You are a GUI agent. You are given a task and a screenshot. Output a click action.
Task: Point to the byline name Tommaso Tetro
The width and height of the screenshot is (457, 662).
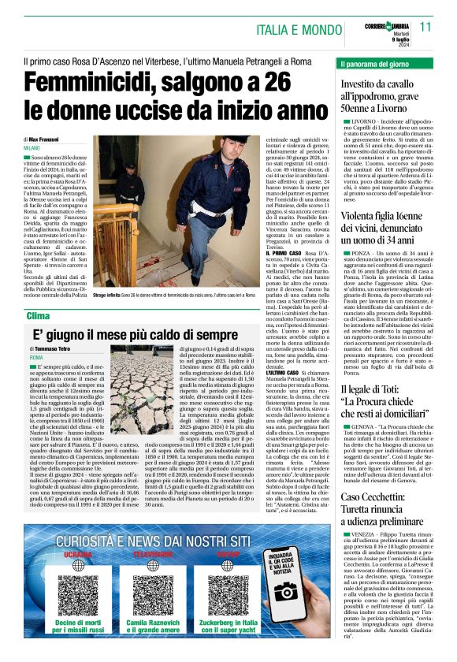click(x=61, y=348)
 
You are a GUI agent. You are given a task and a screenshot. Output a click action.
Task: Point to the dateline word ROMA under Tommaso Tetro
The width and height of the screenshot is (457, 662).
click(x=37, y=358)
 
